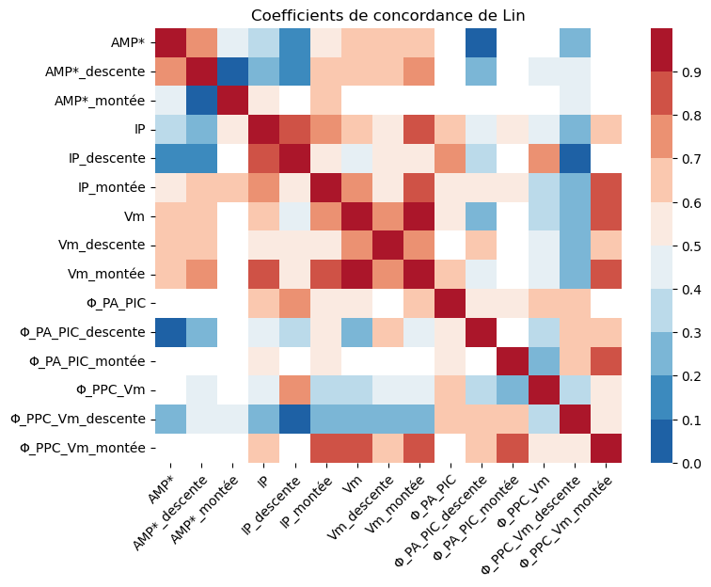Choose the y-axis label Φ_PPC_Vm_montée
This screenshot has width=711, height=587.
(86, 448)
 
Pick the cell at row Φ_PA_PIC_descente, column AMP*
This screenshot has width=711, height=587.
(170, 332)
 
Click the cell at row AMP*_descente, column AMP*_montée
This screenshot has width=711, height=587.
(229, 72)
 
